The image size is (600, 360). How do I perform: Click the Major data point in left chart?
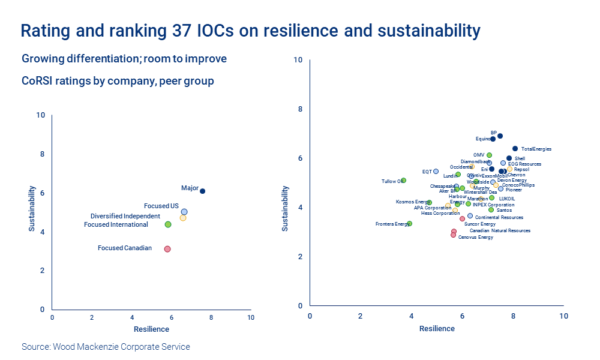coord(202,191)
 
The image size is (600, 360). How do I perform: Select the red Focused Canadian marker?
coord(167,248)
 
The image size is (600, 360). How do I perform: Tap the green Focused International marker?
coord(168,224)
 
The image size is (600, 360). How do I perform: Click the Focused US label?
coord(161,206)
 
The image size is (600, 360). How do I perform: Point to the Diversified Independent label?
coord(125,216)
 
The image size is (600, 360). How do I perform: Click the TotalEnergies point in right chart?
coord(515,149)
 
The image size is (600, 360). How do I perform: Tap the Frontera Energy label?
coord(391,224)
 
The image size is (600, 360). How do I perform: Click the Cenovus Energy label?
coord(475,237)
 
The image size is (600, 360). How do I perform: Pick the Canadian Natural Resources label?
coord(499,230)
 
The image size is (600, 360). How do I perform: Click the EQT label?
coord(427,172)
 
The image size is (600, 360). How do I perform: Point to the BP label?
coord(493,133)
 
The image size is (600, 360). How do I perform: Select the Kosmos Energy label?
coord(411,202)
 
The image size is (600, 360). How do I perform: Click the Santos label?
coord(504,210)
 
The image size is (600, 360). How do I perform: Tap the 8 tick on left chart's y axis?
coord(42,154)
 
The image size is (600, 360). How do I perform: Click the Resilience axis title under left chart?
coord(151,329)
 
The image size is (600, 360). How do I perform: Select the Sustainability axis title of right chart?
coord(286,208)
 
